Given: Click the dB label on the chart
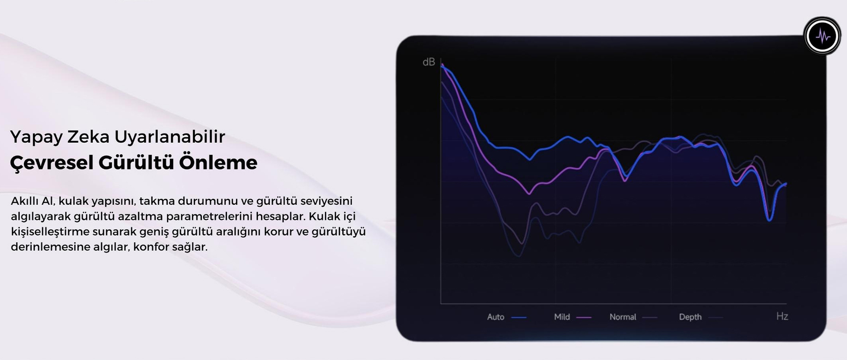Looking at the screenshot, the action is coord(429,62).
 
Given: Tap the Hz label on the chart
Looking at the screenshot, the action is coord(782,316).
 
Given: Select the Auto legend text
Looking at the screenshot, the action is coord(495,317).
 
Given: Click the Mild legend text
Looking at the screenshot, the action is coord(562,317).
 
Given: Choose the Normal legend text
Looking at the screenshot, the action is coord(623,317).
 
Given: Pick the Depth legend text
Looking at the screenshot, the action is coord(690,317).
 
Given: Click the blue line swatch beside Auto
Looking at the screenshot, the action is coord(519,317).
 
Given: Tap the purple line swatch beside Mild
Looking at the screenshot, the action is coord(584,317).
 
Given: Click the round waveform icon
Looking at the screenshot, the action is coord(822,36).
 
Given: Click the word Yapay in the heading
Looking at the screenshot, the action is coord(36,137).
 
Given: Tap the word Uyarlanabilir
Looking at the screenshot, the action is coord(169,137).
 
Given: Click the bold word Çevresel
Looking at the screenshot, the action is coord(51,163).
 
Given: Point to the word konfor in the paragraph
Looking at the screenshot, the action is coord(151,246).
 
